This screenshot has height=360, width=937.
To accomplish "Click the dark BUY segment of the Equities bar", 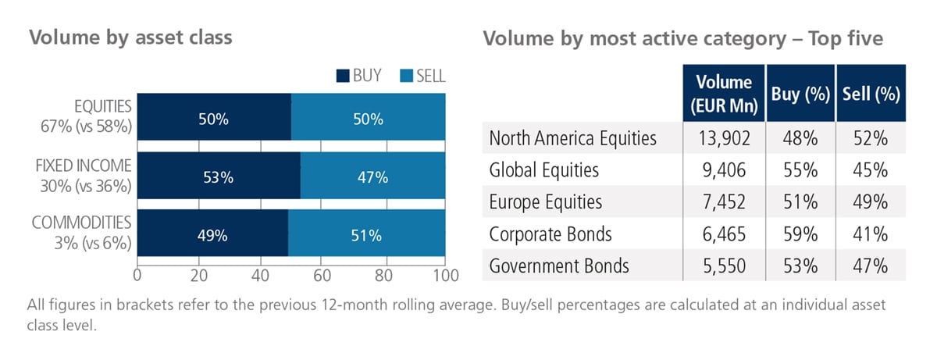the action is [x=214, y=116].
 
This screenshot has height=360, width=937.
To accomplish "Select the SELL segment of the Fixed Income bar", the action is [x=372, y=175].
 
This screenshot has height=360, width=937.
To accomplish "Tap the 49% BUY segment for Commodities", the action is [x=212, y=233].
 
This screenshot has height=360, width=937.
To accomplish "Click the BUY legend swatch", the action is [x=343, y=76].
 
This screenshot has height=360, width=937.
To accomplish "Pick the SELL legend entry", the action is [x=422, y=76].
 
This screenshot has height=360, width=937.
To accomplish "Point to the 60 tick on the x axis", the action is [x=322, y=276].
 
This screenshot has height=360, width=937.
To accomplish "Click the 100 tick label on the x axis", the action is [x=446, y=276].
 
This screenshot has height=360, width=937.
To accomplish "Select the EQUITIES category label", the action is [x=103, y=107].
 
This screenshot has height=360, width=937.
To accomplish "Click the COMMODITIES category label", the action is [x=81, y=223].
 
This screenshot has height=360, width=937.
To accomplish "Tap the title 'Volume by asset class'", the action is [x=130, y=37].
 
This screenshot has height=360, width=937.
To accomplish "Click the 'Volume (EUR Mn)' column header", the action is [x=724, y=93].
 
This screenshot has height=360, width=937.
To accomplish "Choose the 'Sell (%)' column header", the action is [x=871, y=93].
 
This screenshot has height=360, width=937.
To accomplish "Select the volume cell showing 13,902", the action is [x=724, y=138].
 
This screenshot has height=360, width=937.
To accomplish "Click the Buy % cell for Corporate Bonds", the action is [x=800, y=233].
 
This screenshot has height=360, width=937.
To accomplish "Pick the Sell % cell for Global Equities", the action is [x=871, y=170].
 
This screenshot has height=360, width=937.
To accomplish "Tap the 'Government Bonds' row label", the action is [x=559, y=266].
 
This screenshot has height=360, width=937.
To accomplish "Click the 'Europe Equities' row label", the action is [x=546, y=202].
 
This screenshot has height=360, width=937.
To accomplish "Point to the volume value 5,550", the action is [x=724, y=266].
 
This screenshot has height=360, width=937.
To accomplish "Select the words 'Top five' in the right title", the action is [x=846, y=38].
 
